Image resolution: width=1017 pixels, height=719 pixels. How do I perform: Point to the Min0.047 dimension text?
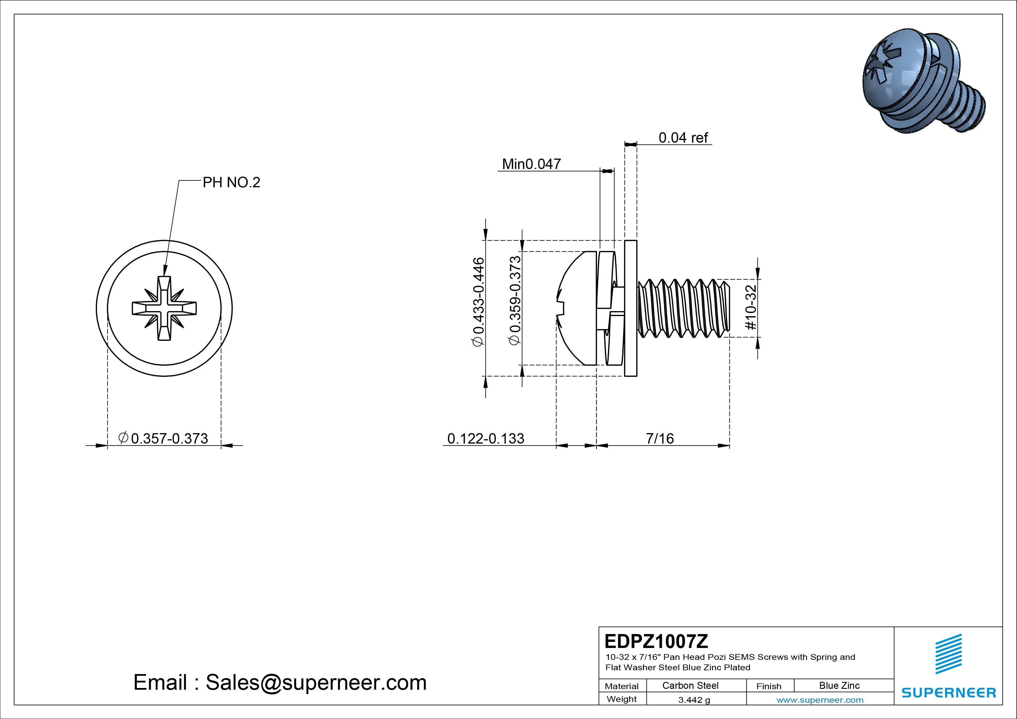coord(531,164)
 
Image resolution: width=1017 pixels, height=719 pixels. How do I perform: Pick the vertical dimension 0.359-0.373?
coord(515,300)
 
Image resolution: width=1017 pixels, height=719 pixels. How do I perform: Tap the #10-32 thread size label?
coord(752,307)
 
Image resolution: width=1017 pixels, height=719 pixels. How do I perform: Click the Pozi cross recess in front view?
coord(164,308)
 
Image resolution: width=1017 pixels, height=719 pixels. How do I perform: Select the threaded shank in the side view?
coord(682,308)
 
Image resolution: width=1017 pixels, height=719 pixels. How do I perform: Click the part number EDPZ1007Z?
coord(656,641)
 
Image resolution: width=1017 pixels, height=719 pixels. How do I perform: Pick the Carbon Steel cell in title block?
coord(690,685)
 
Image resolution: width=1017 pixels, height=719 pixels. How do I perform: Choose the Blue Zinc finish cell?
coord(839,685)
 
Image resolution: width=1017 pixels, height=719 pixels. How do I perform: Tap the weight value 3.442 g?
coord(694,700)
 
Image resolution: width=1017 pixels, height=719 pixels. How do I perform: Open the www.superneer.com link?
coord(820,700)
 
